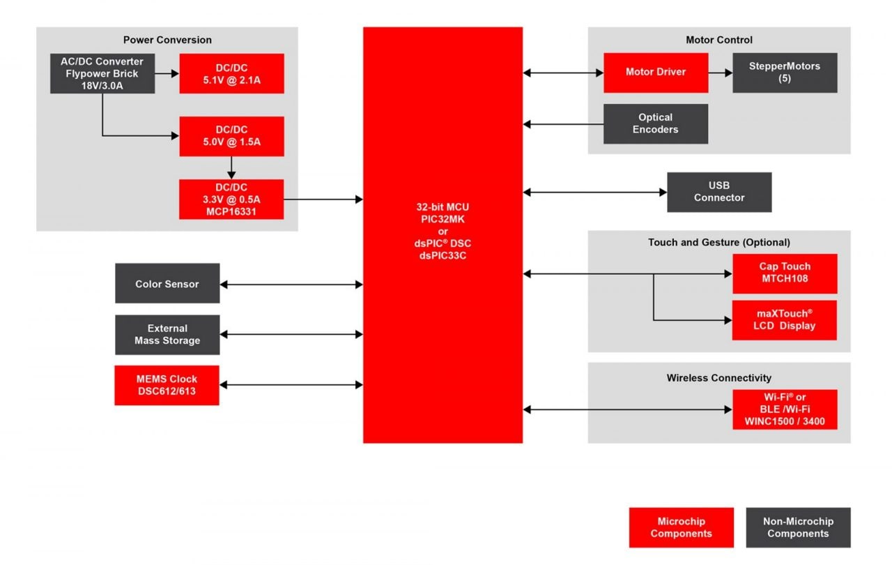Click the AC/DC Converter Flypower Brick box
click(102, 73)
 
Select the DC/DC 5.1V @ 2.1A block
click(231, 73)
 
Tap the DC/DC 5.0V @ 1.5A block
click(231, 136)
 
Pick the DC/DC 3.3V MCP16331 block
click(231, 199)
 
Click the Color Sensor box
click(167, 283)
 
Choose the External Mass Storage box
click(167, 335)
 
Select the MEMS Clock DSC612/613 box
click(167, 385)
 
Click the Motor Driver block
click(656, 73)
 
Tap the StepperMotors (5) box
click(785, 73)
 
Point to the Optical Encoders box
click(656, 123)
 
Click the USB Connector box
click(719, 192)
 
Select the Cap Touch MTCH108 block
click(785, 273)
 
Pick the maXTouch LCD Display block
click(785, 320)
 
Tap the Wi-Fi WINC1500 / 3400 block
click(785, 409)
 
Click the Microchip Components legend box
click(681, 527)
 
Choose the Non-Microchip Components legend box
click(798, 527)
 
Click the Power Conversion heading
click(167, 40)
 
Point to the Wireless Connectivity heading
click(719, 378)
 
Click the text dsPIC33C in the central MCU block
click(443, 256)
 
